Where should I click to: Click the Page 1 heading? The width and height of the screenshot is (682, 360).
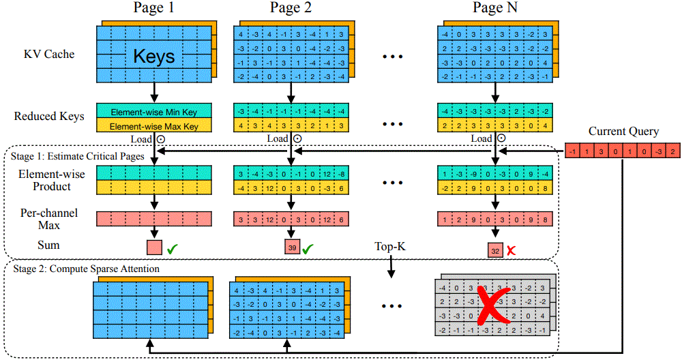pyautogui.click(x=154, y=9)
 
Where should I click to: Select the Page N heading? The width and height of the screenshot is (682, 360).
pyautogui.click(x=495, y=9)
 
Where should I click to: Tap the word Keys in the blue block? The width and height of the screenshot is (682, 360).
pyautogui.click(x=154, y=56)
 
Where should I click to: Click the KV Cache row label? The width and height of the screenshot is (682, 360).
pyautogui.click(x=49, y=54)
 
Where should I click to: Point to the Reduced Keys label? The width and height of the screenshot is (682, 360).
pyautogui.click(x=49, y=116)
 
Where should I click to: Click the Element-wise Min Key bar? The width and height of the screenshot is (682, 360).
pyautogui.click(x=154, y=110)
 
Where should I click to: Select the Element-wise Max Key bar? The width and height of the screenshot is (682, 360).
pyautogui.click(x=154, y=126)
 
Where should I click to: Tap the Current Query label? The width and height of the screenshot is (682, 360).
pyautogui.click(x=623, y=132)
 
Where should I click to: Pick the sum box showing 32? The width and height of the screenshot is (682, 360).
pyautogui.click(x=496, y=251)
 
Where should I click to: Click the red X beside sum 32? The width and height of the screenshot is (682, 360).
pyautogui.click(x=511, y=251)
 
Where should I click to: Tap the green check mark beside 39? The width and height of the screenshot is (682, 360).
pyautogui.click(x=308, y=250)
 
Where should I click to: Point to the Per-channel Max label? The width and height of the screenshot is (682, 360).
pyautogui.click(x=49, y=218)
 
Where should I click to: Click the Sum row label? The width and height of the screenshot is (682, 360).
pyautogui.click(x=49, y=245)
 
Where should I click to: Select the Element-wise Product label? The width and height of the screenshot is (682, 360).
pyautogui.click(x=52, y=181)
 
